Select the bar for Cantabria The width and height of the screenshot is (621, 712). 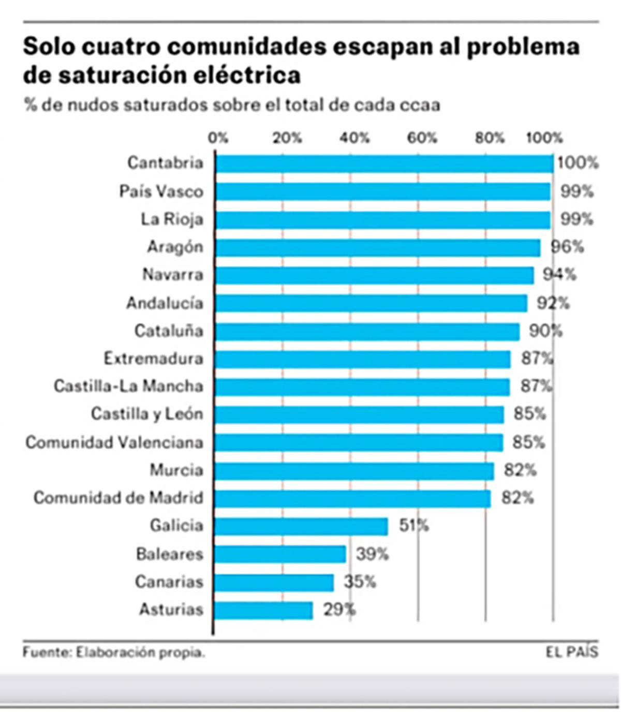pos(384,164)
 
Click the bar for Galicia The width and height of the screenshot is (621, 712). pos(301,526)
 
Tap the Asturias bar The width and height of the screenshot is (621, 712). pos(263,610)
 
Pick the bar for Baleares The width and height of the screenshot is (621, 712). pos(280,554)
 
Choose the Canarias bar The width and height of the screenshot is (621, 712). pos(274,582)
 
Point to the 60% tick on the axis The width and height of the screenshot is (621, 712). pos(422,138)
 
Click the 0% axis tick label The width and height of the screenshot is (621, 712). pos(218,138)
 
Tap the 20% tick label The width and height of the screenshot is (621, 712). pos(287,138)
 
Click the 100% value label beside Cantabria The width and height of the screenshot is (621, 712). pos(578,163)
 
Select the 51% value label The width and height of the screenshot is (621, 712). pos(413,526)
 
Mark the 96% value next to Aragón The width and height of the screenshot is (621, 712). pos(567,247)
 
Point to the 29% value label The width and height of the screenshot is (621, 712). pos(339,610)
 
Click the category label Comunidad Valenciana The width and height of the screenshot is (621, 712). pos(114,442)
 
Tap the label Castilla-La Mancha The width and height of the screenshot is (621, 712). pos(128,386)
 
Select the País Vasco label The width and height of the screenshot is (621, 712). pos(161,191)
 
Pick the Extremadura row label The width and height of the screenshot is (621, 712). pos(153,358)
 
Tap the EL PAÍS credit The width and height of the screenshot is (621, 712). pos(571,652)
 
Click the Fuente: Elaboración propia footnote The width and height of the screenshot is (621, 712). pos(114,652)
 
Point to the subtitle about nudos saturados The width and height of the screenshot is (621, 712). pos(232,105)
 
